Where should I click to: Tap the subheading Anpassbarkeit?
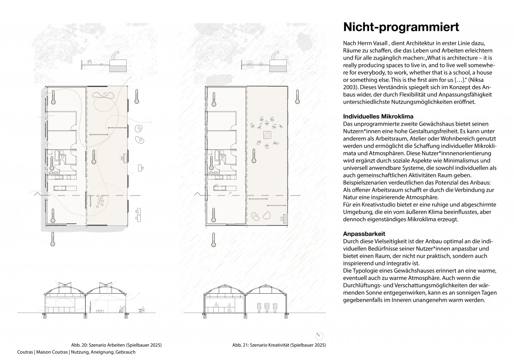364,234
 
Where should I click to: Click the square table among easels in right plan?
267,135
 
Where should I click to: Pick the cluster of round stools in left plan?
101,199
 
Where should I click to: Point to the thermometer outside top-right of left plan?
136,96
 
